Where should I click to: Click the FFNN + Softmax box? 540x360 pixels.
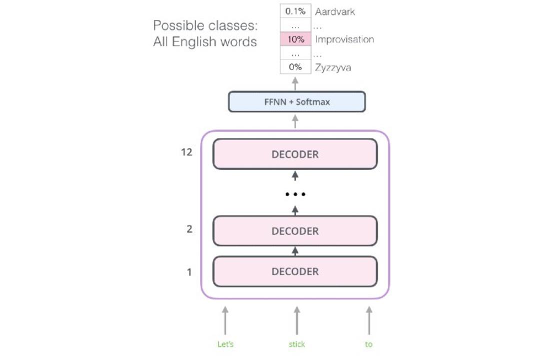coord(297,101)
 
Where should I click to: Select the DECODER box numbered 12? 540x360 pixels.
coord(295,154)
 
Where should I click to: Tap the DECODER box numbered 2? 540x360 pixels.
coord(295,231)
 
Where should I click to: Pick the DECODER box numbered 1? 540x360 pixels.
coord(295,271)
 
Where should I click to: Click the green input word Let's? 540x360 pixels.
coord(225,344)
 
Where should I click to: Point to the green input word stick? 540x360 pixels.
coord(297,344)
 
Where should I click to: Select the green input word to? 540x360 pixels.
coord(368,344)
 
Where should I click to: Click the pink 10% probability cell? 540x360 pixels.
coord(295,39)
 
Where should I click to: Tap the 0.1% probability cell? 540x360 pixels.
coord(295,11)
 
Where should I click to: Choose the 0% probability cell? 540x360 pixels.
coord(295,67)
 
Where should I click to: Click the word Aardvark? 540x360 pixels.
coord(334,11)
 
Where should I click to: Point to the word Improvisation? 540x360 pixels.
coord(344,39)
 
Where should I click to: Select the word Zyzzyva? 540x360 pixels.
coord(333,67)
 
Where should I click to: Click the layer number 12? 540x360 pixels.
coord(186,152)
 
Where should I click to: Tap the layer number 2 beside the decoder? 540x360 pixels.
coord(189,229)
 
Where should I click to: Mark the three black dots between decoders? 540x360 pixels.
coord(295,194)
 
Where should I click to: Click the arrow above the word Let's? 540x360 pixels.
coord(225,320)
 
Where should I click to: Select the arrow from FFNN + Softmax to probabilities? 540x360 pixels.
coord(295,83)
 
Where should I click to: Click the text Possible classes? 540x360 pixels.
coord(205,25)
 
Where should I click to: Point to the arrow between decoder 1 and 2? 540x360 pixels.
coord(295,251)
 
